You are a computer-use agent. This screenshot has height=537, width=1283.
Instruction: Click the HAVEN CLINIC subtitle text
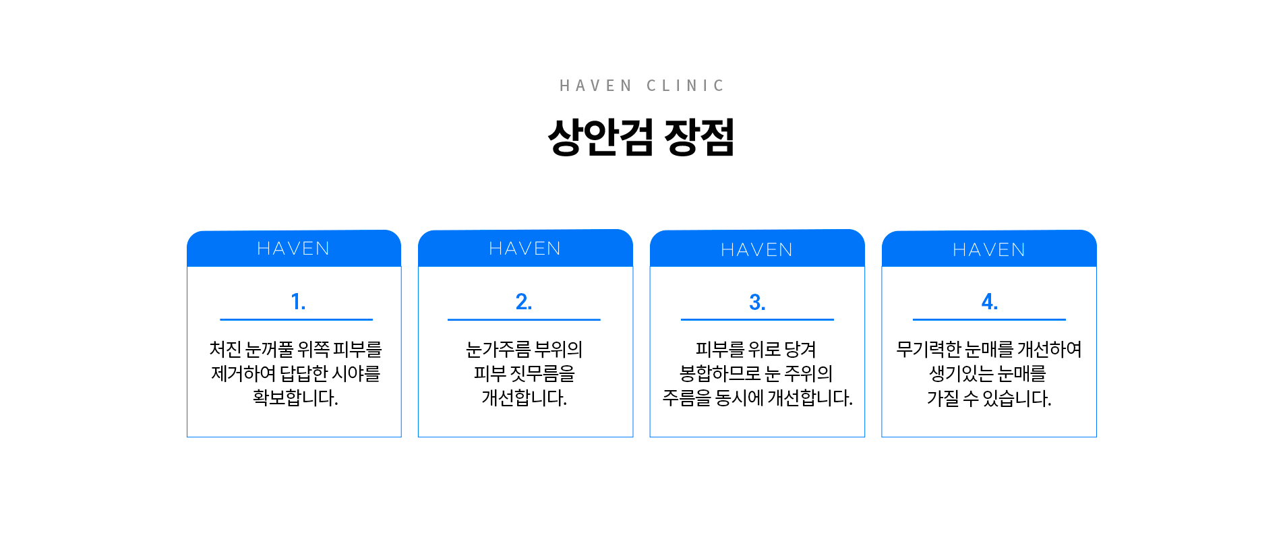642,86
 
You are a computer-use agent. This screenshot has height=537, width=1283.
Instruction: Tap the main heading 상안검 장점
641,137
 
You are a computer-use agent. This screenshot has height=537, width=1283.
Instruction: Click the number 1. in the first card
298,301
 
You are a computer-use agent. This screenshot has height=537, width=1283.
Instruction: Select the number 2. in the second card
524,301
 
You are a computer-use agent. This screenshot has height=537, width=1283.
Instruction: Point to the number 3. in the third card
757,302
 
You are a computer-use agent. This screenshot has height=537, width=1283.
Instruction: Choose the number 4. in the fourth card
990,301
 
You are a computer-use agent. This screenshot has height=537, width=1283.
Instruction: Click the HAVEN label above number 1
293,249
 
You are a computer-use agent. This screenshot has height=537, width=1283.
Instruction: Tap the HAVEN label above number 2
525,249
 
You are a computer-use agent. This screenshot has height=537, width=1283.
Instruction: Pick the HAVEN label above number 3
757,250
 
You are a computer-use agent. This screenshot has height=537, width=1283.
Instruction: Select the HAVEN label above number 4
989,250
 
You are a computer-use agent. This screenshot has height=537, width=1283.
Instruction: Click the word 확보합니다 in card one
295,398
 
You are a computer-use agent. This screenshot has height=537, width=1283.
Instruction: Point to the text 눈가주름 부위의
524,349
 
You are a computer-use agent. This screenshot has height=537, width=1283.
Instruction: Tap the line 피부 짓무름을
524,373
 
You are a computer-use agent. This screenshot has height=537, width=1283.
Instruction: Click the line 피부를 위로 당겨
756,349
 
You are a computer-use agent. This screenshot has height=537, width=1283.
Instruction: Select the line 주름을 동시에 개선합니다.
757,398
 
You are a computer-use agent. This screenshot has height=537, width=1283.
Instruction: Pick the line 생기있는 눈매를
988,373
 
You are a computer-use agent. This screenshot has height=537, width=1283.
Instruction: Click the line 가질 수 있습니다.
989,398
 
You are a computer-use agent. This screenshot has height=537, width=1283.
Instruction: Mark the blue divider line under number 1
296,319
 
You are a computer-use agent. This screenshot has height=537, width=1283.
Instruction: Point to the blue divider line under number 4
989,319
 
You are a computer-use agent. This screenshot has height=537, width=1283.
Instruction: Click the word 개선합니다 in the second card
524,398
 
